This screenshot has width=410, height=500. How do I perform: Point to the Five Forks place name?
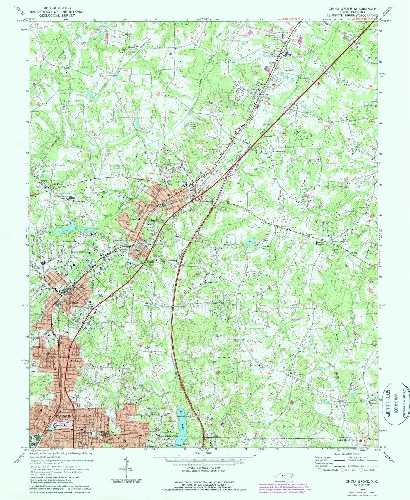coord(57,184)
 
